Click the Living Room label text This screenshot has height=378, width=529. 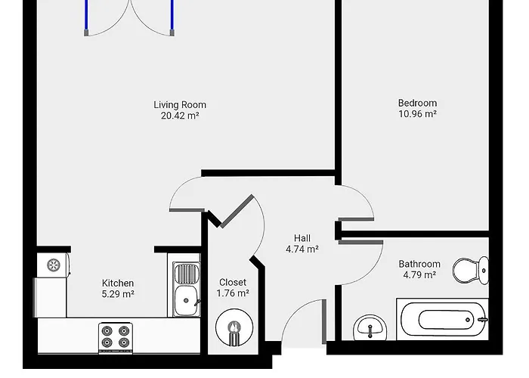pos(180,105)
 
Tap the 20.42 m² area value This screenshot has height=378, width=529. pos(180,116)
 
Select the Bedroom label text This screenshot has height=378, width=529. pos(417,103)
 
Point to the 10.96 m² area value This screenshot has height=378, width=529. pos(417,114)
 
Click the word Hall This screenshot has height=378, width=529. pos(302,238)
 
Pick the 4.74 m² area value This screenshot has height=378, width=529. pos(302,249)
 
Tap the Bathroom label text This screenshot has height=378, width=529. pos(419,264)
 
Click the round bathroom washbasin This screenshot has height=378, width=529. pos(368,328)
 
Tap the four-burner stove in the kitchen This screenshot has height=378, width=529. pos(116,337)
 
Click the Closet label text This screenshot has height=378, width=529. pos(233,282)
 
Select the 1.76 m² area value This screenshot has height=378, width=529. pos(233,293)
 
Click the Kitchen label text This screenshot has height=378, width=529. pos(118,283)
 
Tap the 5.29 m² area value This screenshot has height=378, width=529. pos(118,294)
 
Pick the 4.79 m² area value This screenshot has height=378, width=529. pos(419,275)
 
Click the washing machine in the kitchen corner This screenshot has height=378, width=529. pos(54,265)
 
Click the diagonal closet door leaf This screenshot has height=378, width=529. pos(237,210)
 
